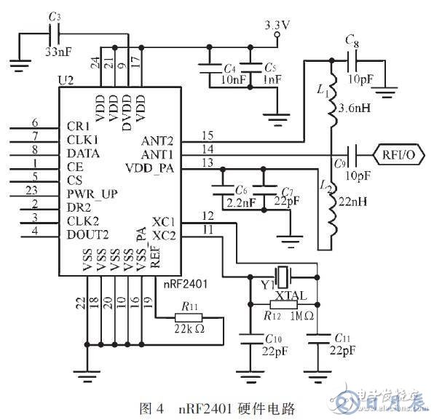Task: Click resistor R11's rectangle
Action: tap(189, 318)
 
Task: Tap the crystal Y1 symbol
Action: tap(285, 276)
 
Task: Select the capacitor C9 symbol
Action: tap(352, 154)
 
